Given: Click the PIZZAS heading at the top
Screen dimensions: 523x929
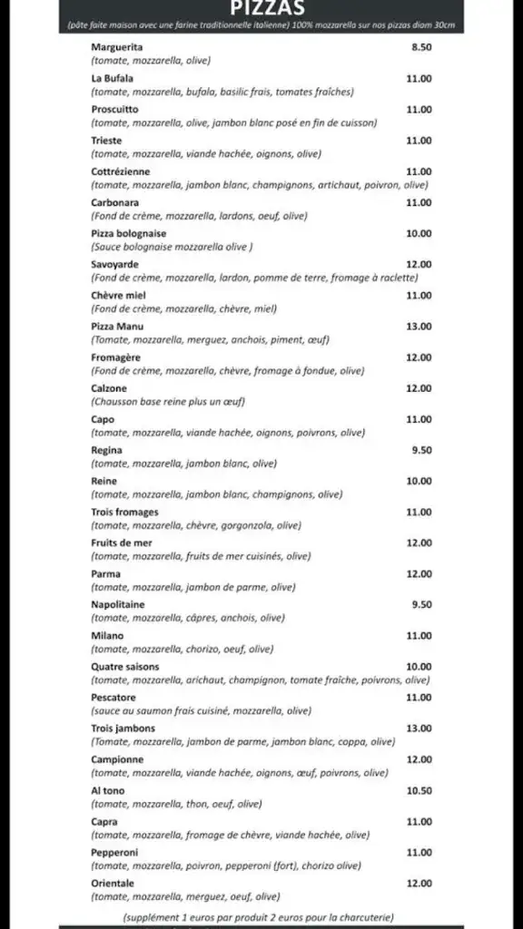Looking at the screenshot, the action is pos(261,7).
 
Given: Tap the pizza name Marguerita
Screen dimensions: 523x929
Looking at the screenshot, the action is pos(117,47).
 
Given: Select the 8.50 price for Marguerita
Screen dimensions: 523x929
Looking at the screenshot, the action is pos(420,47).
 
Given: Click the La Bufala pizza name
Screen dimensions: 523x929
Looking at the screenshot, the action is pos(112,79).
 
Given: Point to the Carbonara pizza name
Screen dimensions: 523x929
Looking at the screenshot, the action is pos(114,202).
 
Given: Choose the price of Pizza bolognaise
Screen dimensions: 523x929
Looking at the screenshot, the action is pos(419,233).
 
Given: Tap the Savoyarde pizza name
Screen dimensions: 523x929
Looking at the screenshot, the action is pos(114,264).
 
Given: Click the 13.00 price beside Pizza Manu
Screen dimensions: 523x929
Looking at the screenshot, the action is pos(419,326).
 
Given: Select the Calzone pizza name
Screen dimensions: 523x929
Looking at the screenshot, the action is pos(111,388).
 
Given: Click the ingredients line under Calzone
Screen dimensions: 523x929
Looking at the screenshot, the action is pos(168,401).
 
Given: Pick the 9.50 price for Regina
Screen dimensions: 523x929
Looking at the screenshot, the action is pos(420,450).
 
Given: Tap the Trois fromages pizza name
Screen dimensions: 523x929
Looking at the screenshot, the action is pos(124,512).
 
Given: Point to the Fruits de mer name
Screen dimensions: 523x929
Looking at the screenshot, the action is pos(122,543).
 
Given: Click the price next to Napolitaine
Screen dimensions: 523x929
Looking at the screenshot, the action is pos(420,604).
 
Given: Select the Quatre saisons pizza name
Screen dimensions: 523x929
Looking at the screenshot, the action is pos(124,666).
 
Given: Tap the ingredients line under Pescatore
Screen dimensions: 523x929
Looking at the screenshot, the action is pos(201,710).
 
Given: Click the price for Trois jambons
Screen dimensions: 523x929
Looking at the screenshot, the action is pos(419,728).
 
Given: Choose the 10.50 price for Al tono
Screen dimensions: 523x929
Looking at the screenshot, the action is pos(419,790).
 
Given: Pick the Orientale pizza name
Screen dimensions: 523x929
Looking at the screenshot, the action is pos(113,883).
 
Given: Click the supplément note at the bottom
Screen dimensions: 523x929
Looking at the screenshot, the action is pos(258,917).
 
